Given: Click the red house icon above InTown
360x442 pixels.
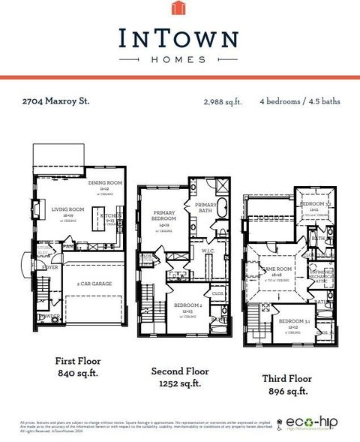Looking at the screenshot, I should (x=178, y=9).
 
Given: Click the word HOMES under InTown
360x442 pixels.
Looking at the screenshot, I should (x=178, y=60).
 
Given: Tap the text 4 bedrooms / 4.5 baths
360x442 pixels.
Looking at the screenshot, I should (x=298, y=100).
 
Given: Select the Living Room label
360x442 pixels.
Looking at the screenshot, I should (x=66, y=209).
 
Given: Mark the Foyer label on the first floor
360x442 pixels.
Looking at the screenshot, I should (x=50, y=266).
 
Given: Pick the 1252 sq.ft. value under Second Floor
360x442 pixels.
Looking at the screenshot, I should (x=178, y=383).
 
